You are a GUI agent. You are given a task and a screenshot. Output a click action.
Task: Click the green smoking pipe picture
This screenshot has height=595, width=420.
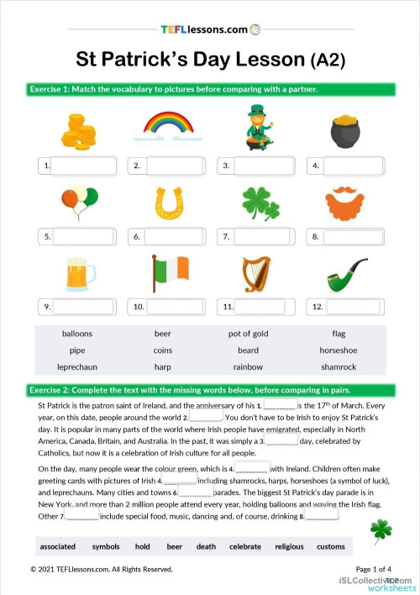[x=345, y=275]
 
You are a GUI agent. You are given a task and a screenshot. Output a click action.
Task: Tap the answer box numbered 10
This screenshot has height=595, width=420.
[x=175, y=307]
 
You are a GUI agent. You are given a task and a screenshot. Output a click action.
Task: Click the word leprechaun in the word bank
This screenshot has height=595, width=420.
[x=77, y=367]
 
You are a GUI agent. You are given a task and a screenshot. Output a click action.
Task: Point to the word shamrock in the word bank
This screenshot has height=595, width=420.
[x=338, y=367]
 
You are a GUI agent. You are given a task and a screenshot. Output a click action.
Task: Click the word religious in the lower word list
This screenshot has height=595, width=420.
[x=289, y=546]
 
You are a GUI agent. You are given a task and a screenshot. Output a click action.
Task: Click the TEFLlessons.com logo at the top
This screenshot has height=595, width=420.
[x=210, y=29]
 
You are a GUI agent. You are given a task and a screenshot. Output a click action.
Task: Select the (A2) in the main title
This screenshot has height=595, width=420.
[x=328, y=61]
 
